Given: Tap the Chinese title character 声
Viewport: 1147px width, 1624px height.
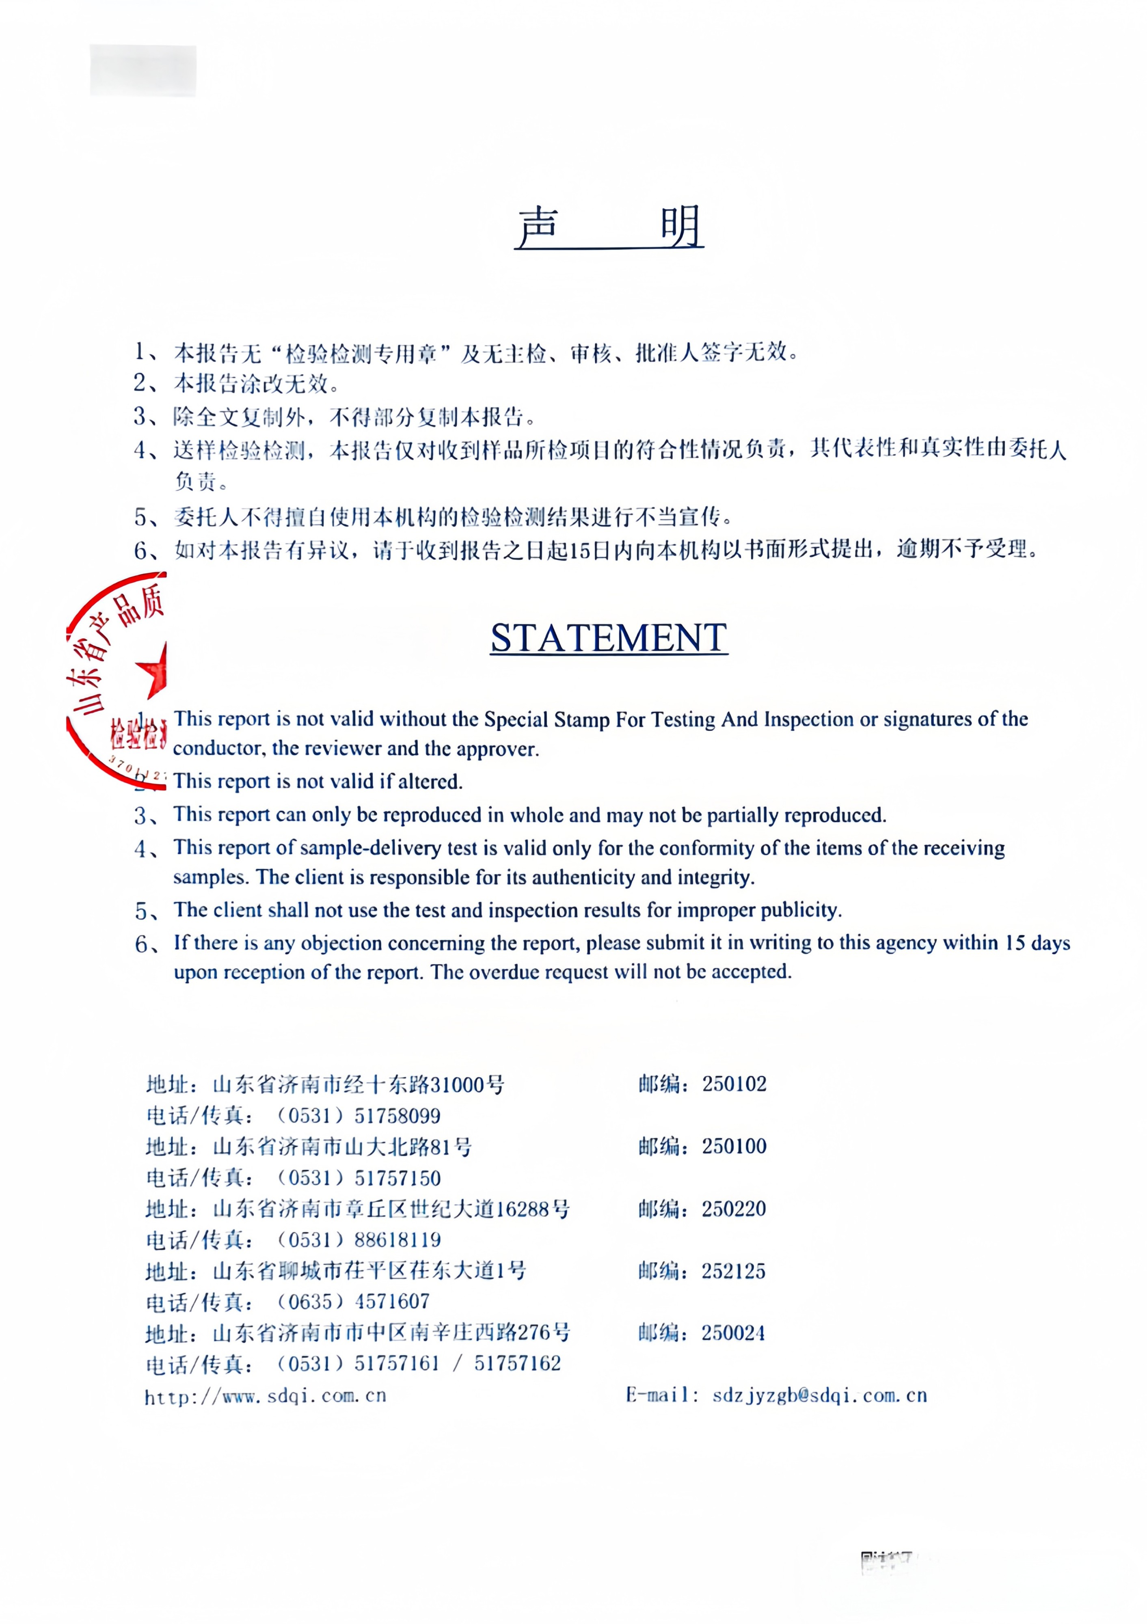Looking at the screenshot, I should tap(539, 227).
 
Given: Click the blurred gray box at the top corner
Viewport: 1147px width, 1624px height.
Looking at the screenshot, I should tap(143, 70).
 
